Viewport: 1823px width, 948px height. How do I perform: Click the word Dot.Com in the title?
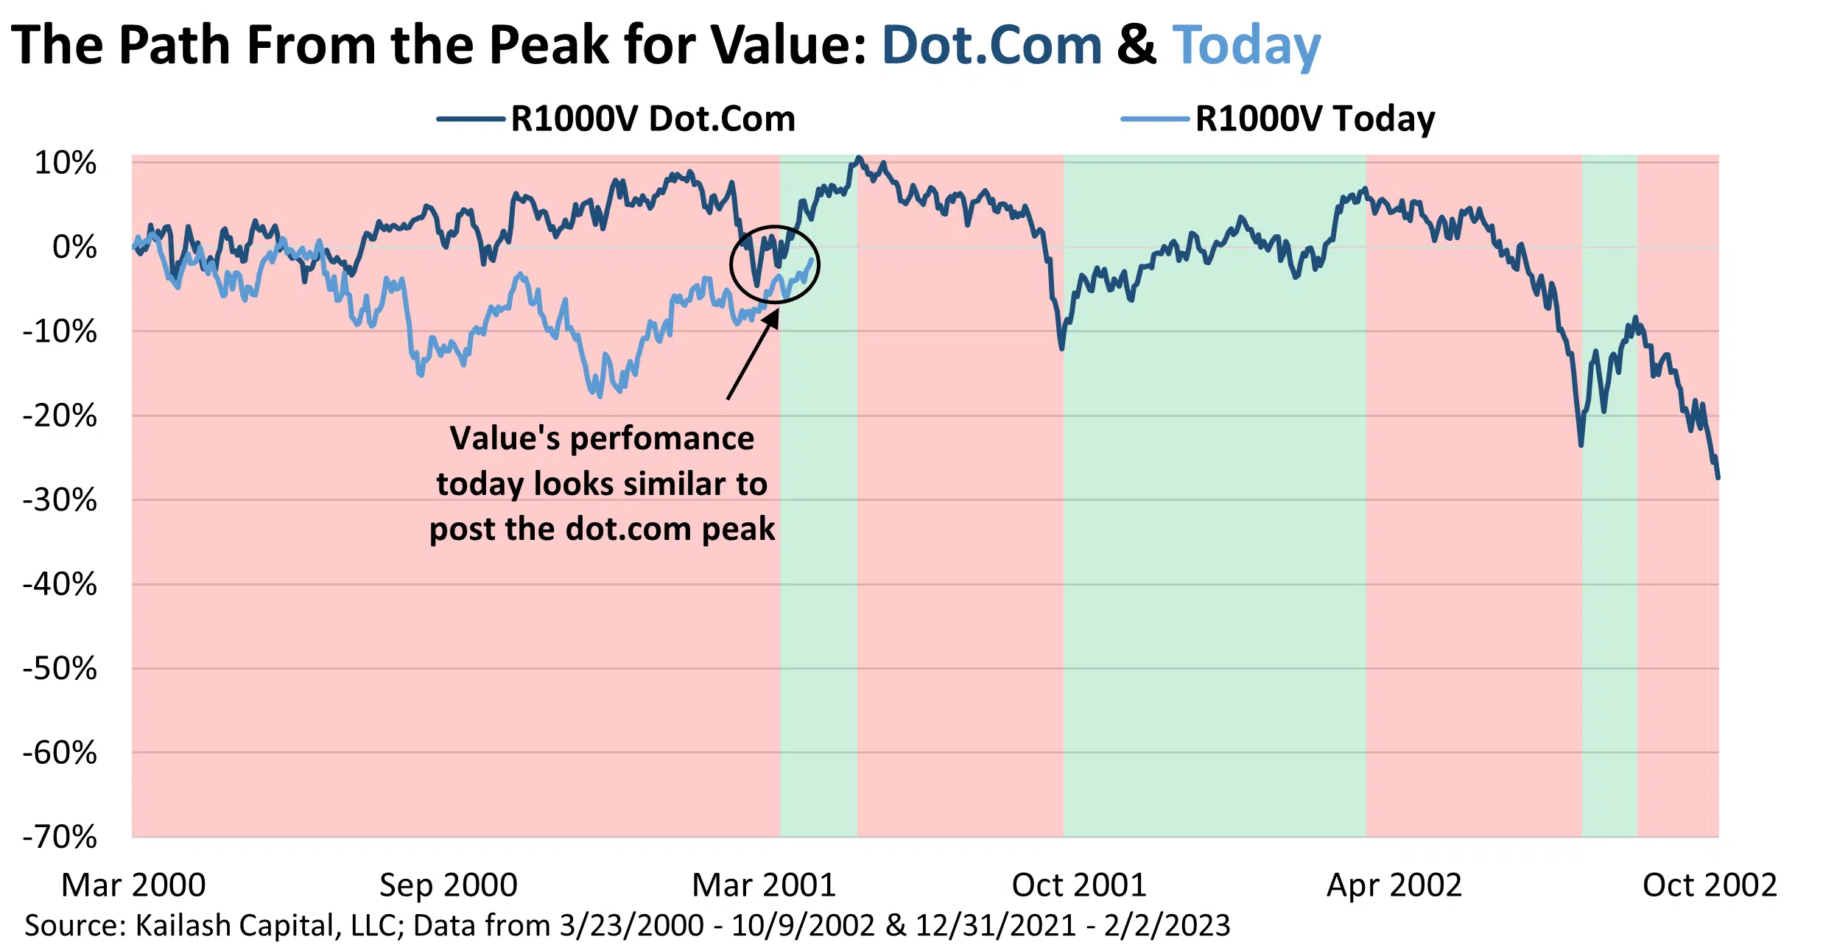point(991,46)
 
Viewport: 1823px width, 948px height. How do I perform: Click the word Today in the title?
point(1246,46)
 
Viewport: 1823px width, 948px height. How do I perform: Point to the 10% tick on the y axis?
point(65,163)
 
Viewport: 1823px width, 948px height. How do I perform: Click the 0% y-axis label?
point(74,247)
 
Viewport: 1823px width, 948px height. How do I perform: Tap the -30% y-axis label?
point(60,500)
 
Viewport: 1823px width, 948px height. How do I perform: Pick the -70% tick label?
point(60,837)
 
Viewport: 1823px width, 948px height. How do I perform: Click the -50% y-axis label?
point(60,669)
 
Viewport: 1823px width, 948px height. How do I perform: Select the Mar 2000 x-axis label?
point(133,885)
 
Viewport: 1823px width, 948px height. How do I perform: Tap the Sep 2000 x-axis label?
point(448,885)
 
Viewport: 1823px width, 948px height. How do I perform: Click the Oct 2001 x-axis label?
point(1079,885)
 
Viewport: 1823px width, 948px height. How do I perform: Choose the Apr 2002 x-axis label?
point(1394,885)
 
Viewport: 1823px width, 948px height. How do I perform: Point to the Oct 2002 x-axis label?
point(1709,885)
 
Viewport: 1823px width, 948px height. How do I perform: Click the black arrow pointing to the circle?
point(751,357)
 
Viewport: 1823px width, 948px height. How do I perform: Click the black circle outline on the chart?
point(731,264)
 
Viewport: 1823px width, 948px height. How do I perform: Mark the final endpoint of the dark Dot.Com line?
point(1718,477)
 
